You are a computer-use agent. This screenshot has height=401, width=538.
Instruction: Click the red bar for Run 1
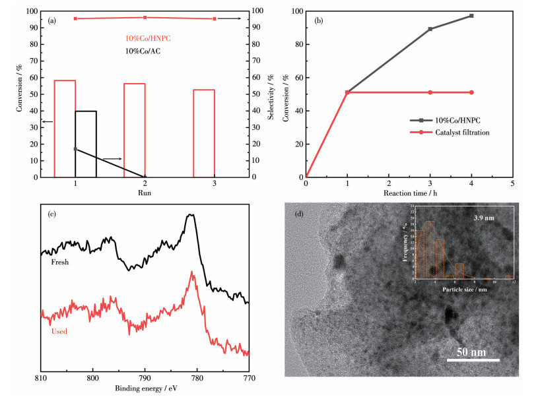pyautogui.click(x=65, y=129)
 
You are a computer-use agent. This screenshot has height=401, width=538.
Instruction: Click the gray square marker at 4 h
pyautogui.click(x=471, y=16)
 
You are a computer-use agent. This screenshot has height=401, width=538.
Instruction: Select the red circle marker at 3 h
pyautogui.click(x=430, y=92)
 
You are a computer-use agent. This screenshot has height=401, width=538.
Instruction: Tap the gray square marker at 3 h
pyautogui.click(x=430, y=29)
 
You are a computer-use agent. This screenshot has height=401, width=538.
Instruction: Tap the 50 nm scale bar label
pyautogui.click(x=472, y=352)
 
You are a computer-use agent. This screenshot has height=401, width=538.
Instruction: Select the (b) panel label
pyautogui.click(x=319, y=20)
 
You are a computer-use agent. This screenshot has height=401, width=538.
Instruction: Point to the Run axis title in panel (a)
pyautogui.click(x=144, y=193)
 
